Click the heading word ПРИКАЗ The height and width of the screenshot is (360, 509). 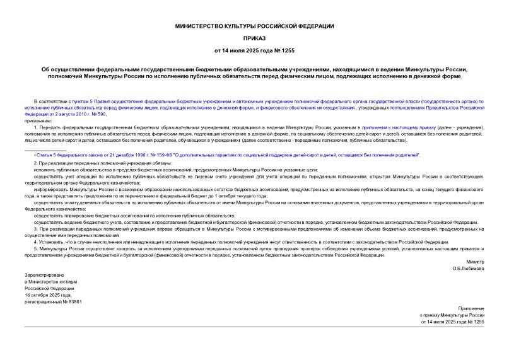[x=255, y=38]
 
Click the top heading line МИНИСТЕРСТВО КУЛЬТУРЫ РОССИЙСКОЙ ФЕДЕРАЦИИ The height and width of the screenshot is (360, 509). [x=255, y=26]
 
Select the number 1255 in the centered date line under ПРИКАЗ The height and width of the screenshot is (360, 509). [x=288, y=50]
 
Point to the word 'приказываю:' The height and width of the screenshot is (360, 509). [x=40, y=120]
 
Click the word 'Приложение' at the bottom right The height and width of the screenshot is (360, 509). [x=471, y=306]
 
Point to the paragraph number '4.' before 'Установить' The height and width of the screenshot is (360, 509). [x=36, y=242]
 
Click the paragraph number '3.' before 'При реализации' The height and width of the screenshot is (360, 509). [x=36, y=229]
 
